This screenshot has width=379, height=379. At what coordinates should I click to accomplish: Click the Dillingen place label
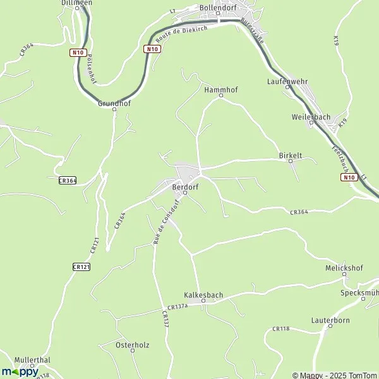tap(77, 3)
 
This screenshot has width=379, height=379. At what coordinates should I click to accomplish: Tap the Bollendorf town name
tap(217, 7)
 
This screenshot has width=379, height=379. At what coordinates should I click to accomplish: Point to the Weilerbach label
tap(310, 117)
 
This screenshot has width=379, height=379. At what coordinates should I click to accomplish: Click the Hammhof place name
tap(220, 90)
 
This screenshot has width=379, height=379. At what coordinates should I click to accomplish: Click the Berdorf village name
tap(185, 187)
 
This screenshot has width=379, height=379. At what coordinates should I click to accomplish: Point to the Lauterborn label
tap(330, 321)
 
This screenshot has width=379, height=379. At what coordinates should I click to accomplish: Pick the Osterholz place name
tap(132, 345)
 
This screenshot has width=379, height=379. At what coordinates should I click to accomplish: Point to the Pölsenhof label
tap(90, 68)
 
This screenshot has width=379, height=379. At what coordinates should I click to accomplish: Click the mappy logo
tap(20, 371)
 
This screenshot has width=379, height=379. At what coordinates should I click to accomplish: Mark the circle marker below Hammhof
tap(221, 96)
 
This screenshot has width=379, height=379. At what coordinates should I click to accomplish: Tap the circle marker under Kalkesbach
tap(203, 301)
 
